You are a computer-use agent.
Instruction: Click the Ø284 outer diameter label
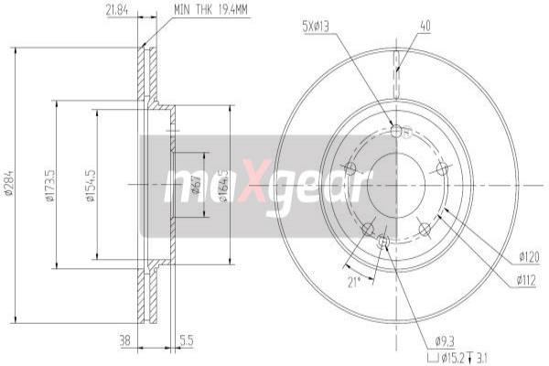9,183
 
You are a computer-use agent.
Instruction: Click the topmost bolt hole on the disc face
396,131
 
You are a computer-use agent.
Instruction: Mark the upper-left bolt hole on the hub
350,167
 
